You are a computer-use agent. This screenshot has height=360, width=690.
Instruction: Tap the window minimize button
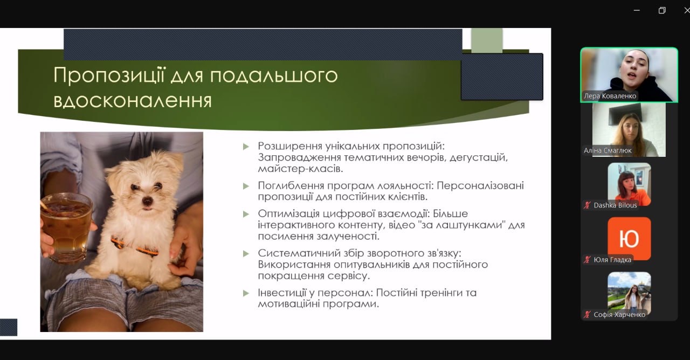coord(637,10)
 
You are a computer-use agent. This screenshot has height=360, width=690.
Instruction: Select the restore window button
coord(662,10)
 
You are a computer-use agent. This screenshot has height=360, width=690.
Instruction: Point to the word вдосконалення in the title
coord(133,100)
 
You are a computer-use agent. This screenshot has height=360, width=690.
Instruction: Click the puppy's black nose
coord(147,202)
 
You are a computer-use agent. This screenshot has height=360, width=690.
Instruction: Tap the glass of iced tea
coord(66,227)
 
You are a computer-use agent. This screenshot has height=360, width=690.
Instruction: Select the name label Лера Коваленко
coord(610,96)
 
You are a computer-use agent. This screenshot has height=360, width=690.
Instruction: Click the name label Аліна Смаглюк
coord(608,150)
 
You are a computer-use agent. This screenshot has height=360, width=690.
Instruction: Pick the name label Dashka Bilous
coord(615,205)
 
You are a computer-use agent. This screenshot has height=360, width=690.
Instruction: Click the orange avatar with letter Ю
coord(629,239)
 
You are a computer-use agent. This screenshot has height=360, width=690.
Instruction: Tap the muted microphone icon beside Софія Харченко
coord(587,314)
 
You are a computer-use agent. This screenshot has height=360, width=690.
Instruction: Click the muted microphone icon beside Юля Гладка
coord(587,260)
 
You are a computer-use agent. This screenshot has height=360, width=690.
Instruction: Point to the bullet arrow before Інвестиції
coord(246,293)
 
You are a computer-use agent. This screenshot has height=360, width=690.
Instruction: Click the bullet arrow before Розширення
coord(246,147)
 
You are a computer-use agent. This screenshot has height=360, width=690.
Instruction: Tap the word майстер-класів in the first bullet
coord(300,169)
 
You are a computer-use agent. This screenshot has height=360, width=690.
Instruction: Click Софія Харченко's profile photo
coord(629,293)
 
